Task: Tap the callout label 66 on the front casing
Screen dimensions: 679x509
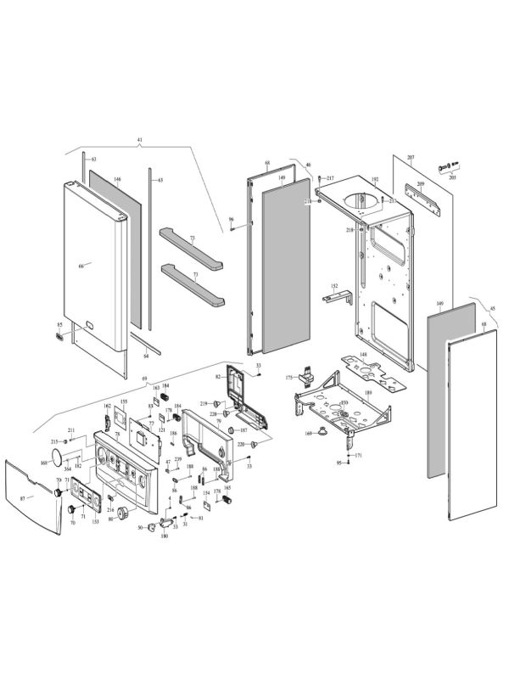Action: click(81, 266)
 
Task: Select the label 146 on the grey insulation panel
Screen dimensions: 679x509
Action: click(118, 180)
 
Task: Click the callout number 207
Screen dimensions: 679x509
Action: click(411, 159)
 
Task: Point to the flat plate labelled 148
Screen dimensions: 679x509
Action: click(368, 371)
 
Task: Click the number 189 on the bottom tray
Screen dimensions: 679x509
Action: click(368, 394)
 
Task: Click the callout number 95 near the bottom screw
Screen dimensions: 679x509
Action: click(338, 463)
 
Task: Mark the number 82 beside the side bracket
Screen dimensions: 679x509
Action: click(218, 376)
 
